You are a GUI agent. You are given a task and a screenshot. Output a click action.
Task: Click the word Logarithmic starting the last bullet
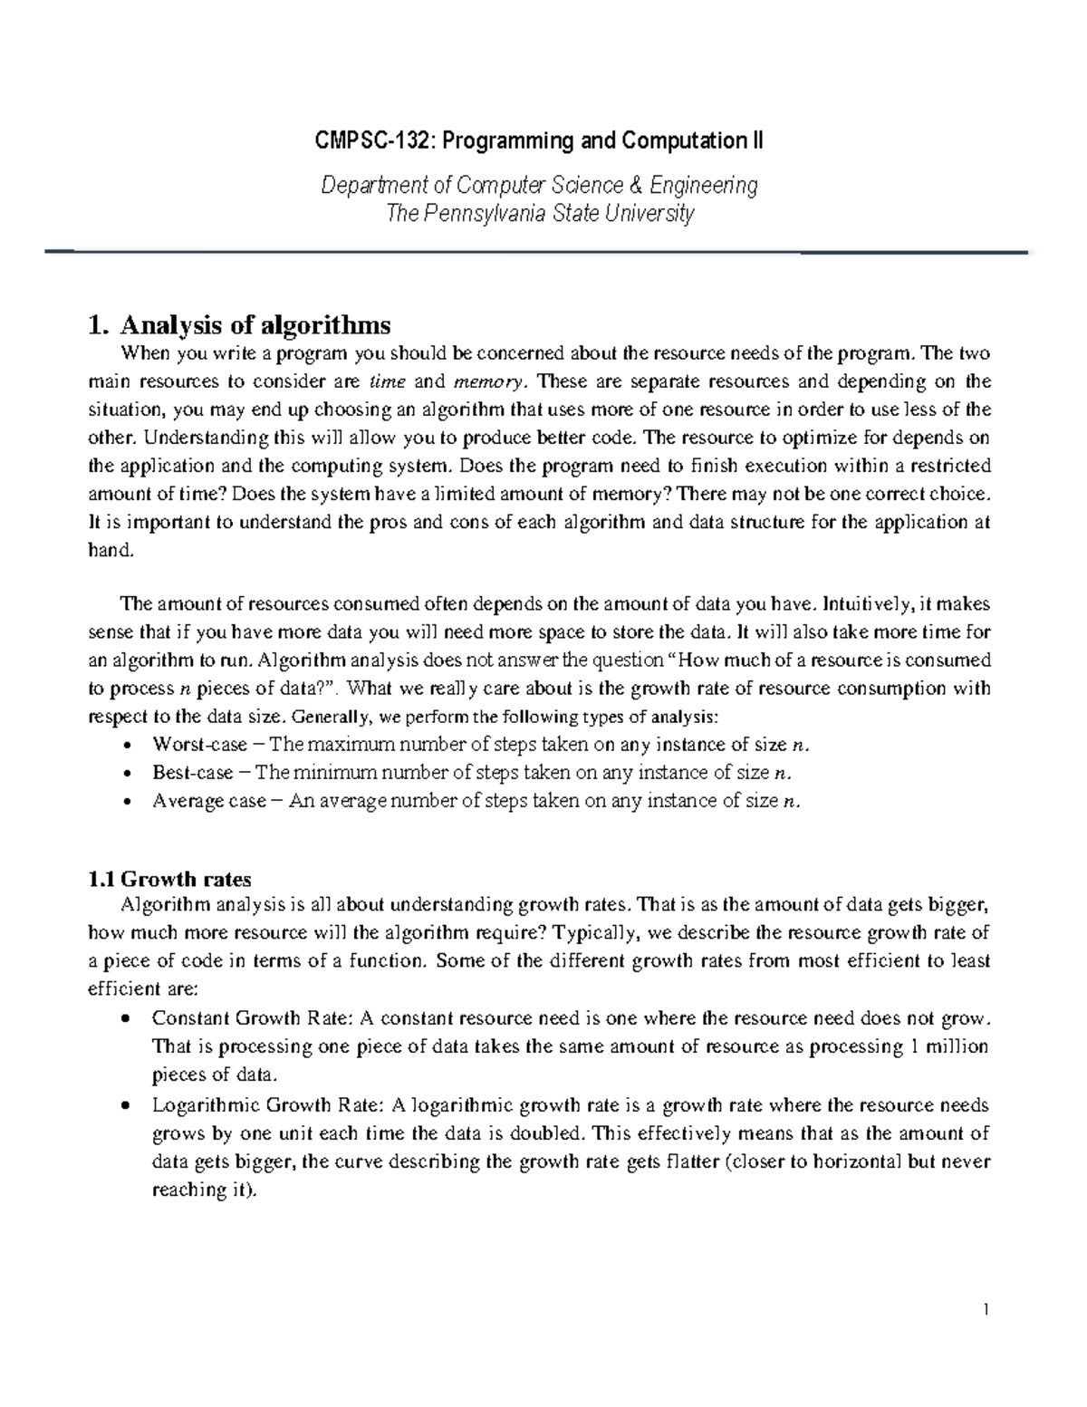(205, 1105)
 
